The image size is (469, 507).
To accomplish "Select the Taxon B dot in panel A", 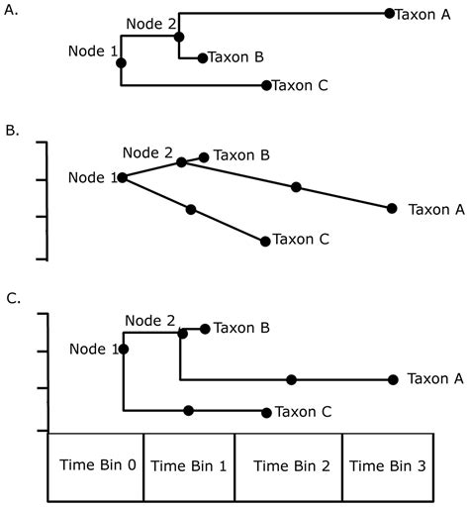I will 202,58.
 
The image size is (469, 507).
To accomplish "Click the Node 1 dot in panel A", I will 121,62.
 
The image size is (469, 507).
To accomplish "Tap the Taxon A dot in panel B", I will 392,208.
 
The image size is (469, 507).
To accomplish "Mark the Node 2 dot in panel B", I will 181,162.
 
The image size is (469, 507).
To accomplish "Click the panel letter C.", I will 11,296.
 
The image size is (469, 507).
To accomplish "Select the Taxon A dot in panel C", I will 393,379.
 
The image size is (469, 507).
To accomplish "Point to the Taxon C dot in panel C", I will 265,412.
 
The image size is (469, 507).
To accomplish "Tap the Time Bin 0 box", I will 95,465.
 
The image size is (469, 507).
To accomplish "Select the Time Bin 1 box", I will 189,465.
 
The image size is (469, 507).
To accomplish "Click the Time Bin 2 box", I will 288,465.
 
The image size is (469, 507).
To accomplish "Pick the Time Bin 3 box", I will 389,465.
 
